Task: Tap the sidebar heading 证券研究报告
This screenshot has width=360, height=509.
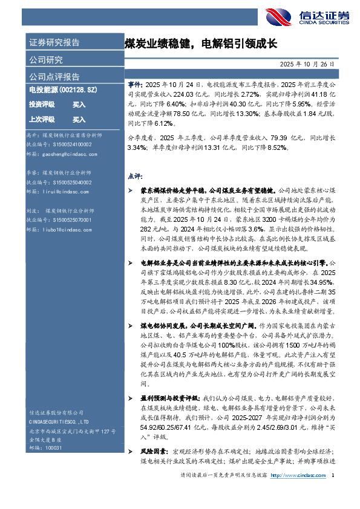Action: [54, 43]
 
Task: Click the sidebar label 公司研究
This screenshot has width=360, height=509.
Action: [46, 60]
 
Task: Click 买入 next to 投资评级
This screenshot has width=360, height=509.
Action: [79, 105]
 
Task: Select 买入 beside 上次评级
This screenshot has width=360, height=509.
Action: [79, 120]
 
